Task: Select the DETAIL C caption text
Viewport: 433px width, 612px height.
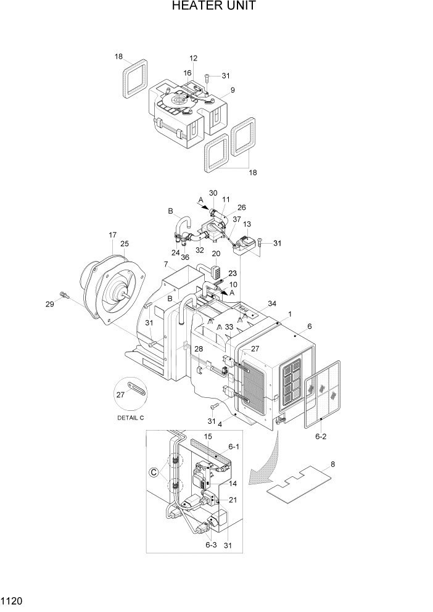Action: pyautogui.click(x=130, y=418)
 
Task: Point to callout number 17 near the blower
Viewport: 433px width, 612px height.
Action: pyautogui.click(x=112, y=235)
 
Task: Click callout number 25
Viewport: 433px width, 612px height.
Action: pyautogui.click(x=124, y=244)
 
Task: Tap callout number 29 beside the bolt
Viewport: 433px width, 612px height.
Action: pyautogui.click(x=50, y=304)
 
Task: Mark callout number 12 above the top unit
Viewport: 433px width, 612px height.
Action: pyautogui.click(x=193, y=58)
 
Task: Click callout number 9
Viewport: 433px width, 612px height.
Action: pyautogui.click(x=233, y=90)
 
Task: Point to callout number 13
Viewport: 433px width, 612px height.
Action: pyautogui.click(x=247, y=224)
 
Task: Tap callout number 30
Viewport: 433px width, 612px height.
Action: pyautogui.click(x=213, y=193)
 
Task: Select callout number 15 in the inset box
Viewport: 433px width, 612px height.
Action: pyautogui.click(x=208, y=436)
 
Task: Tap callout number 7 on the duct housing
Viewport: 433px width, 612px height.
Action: pyautogui.click(x=166, y=264)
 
